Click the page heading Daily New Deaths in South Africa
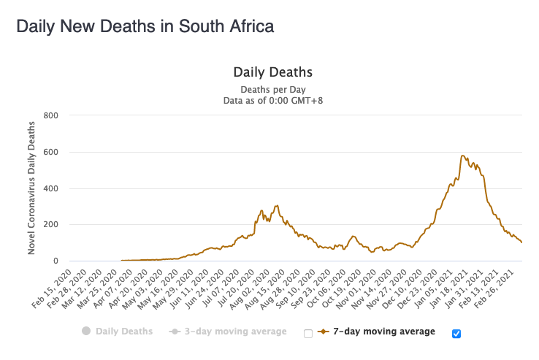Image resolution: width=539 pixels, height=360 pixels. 145,27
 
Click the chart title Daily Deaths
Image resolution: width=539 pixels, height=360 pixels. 272,72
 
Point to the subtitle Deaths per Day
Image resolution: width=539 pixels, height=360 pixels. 272,90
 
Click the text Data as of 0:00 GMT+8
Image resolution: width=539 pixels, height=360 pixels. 272,101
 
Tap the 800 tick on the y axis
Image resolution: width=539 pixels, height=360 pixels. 51,115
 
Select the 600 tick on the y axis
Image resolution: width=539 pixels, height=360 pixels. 51,152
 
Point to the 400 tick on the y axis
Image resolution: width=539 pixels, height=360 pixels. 51,188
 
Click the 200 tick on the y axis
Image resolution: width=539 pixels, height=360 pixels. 51,225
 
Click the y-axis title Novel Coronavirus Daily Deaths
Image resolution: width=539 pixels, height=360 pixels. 32,188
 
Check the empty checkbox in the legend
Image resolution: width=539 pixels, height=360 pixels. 308,334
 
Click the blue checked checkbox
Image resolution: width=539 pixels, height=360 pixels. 456,334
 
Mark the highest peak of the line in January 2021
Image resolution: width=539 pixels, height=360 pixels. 462,156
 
